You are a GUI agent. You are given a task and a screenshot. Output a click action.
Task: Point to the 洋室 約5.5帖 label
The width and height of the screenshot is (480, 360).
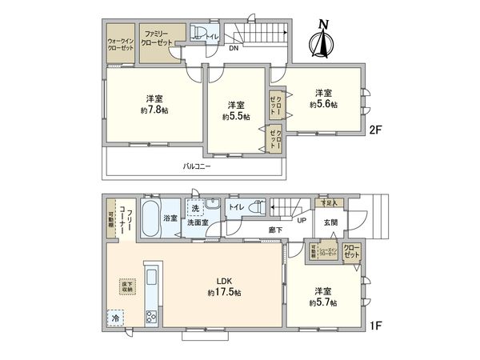236,110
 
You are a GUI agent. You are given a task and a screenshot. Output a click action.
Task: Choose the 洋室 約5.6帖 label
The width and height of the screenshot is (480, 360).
324,98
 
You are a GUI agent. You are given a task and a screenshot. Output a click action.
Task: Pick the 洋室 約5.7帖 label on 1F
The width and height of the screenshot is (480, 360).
324,297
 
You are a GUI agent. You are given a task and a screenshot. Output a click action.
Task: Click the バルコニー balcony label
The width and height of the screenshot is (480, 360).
196,166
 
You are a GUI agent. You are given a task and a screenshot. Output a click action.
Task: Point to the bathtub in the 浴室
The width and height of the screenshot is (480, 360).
150,218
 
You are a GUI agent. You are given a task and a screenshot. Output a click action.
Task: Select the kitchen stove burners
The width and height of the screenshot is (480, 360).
150,316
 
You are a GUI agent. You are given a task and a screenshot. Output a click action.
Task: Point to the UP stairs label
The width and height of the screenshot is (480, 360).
301,222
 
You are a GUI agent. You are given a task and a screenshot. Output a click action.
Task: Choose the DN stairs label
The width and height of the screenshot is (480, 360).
233,48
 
